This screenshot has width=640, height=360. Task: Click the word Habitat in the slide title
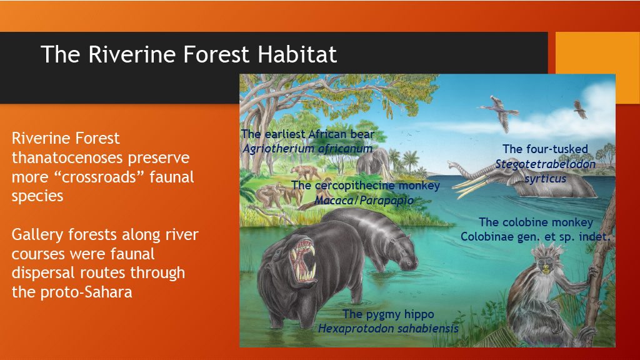pos(297,54)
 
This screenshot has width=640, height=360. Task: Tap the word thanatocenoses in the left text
pos(101,157)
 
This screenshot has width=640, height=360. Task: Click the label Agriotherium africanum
pos(307,149)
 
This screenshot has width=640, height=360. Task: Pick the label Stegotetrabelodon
pos(545,164)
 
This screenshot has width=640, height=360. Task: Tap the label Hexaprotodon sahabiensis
pos(388,328)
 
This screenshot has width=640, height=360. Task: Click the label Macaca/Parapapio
pos(364,201)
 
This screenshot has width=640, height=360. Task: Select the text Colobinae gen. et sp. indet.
pos(535,237)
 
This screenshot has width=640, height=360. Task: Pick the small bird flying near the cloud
pos(580,109)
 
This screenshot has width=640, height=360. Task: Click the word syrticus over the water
pos(545,179)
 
